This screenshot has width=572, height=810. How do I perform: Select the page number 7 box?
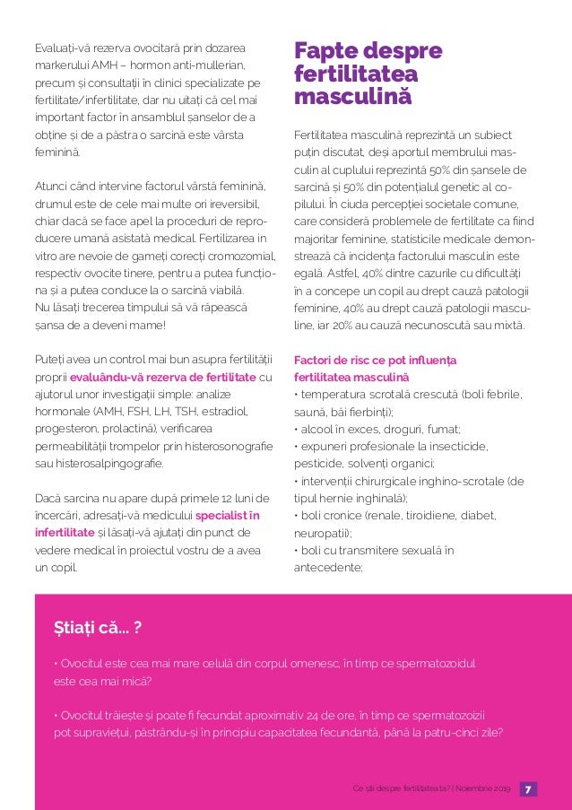(528, 789)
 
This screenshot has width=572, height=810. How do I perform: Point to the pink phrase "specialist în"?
(228, 515)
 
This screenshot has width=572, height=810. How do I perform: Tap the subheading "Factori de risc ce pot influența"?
(375, 360)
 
